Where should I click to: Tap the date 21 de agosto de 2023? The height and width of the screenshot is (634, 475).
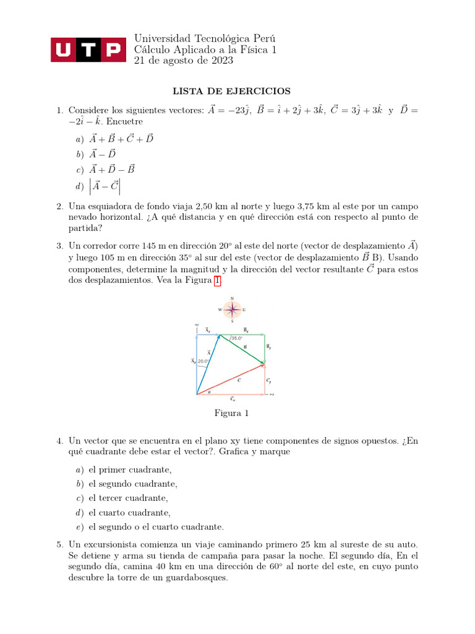184,60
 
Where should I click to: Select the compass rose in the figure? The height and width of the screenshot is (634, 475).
232,310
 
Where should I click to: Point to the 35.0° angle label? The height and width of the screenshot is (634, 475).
237,339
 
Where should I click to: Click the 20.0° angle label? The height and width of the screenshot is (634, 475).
204,361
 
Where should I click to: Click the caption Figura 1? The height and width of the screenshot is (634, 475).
231,413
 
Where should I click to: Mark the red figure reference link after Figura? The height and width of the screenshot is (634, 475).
217,280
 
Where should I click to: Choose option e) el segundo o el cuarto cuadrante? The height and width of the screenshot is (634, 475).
155,527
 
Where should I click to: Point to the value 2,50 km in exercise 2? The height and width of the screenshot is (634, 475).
212,206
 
